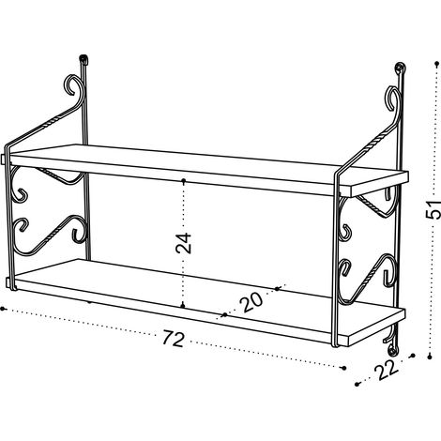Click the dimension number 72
coord(174,339)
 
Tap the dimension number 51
coord(433,209)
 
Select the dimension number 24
coord(183,243)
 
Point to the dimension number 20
coord(251,302)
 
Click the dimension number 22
coord(387,370)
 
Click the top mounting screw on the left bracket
coord(84,58)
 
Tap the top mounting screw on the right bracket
coord(400,68)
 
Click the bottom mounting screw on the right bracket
coord(391,350)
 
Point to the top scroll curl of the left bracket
coord(74,84)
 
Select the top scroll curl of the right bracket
coord(392,98)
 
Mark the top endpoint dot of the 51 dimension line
coord(437,64)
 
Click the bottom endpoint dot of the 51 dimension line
coord(430,357)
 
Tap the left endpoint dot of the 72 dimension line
coord(3,309)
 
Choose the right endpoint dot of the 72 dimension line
coord(344,368)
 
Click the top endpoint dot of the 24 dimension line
coord(184,180)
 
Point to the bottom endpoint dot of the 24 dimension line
coord(183,306)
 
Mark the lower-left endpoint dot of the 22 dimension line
coord(357,384)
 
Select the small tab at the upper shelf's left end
coord(4,159)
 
